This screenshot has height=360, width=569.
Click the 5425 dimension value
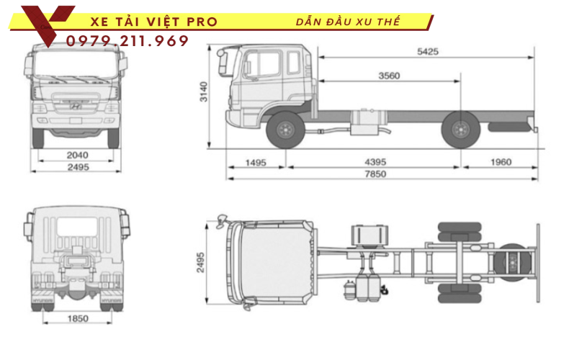[426, 52]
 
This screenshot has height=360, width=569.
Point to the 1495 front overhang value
[256, 162]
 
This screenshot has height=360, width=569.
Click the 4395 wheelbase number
[372, 162]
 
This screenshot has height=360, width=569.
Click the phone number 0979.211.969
[127, 41]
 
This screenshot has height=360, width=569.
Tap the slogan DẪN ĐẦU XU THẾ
[348, 22]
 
